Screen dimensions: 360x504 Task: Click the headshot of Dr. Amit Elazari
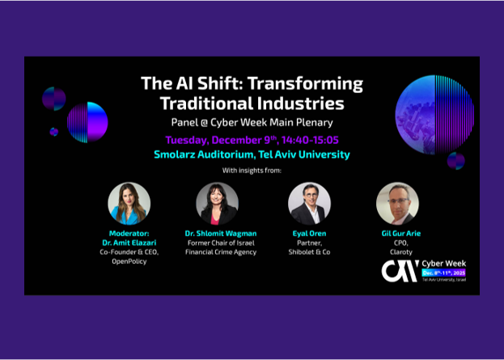[129, 203]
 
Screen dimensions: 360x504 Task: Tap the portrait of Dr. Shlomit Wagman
[218, 203]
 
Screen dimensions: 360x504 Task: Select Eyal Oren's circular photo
[309, 203]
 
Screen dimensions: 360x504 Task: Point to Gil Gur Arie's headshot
[397, 203]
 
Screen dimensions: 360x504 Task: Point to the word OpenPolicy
[129, 261]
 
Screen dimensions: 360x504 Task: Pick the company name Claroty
[397, 252]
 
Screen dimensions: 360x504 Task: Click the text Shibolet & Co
[309, 252]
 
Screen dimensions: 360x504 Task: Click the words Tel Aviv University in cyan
[308, 154]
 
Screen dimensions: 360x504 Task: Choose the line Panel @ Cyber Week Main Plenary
[252, 122]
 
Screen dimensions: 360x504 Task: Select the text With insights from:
[252, 172]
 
